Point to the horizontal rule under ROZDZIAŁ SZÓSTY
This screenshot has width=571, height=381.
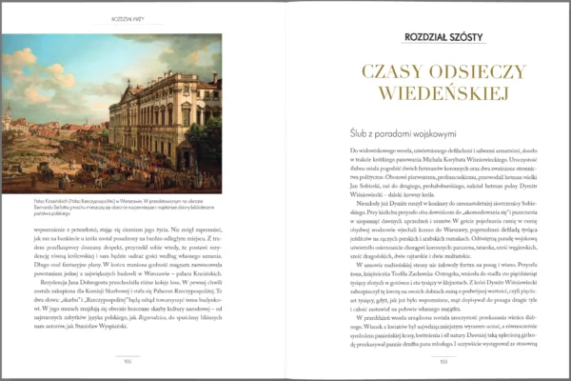click(443, 47)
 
